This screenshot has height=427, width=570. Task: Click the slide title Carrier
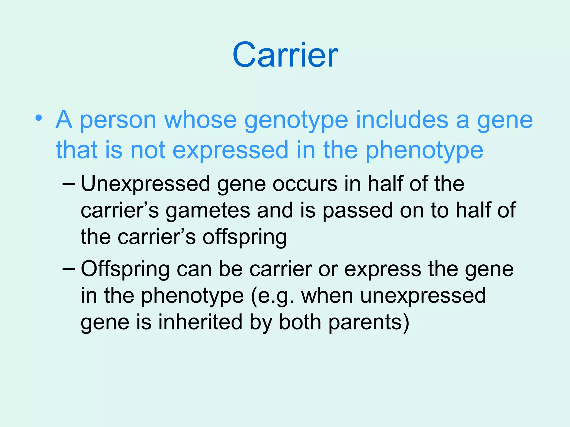coord(285,55)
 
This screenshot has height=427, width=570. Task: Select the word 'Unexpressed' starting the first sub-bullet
coord(145,184)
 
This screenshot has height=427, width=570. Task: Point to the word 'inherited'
coord(200,322)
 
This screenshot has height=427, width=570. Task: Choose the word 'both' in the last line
coord(300,322)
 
